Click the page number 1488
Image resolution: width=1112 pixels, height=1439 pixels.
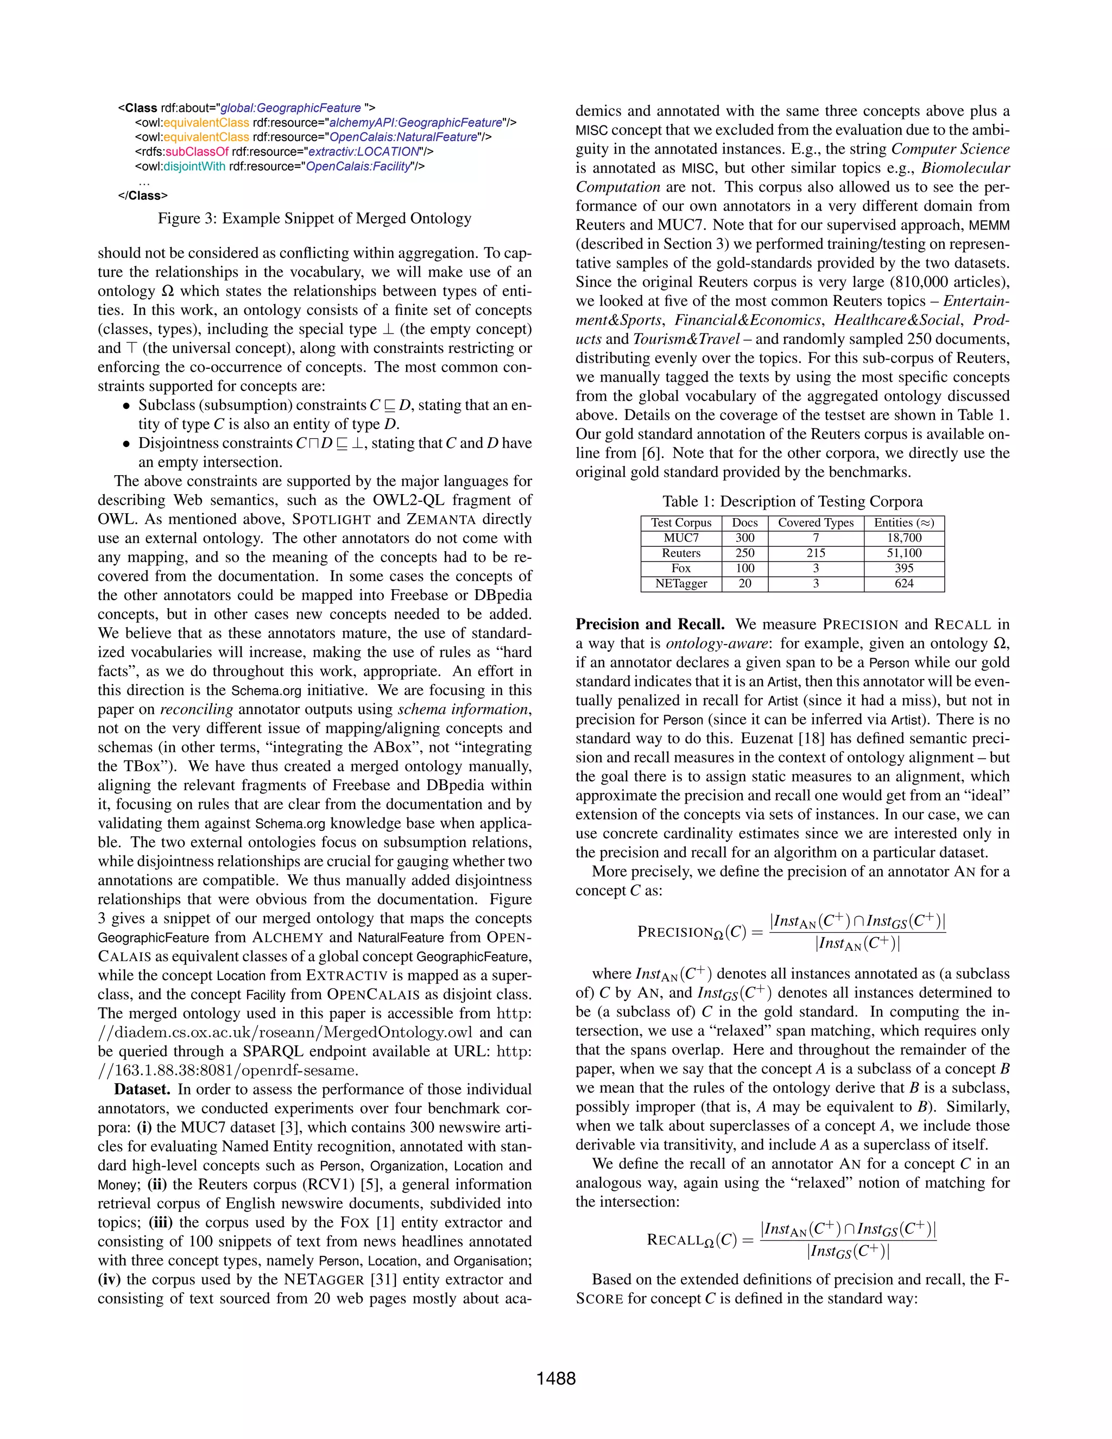555,1378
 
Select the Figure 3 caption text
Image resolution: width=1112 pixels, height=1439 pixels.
314,219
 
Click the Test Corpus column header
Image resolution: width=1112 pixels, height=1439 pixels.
681,523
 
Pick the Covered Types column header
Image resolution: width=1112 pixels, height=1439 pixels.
816,523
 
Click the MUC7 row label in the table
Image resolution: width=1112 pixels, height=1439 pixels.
681,538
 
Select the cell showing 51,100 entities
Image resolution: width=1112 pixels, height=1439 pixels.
904,553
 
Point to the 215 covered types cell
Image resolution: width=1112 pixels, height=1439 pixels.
816,553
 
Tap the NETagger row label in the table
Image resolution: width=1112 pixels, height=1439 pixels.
681,584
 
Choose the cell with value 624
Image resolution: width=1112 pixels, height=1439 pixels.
904,584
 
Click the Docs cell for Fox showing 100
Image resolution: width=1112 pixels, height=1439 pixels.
745,569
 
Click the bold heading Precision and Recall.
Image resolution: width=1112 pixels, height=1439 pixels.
649,624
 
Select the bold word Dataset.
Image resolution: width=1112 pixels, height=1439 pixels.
142,1089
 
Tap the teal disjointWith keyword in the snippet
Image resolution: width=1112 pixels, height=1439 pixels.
194,166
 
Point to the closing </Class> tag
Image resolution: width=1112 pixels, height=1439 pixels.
142,195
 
